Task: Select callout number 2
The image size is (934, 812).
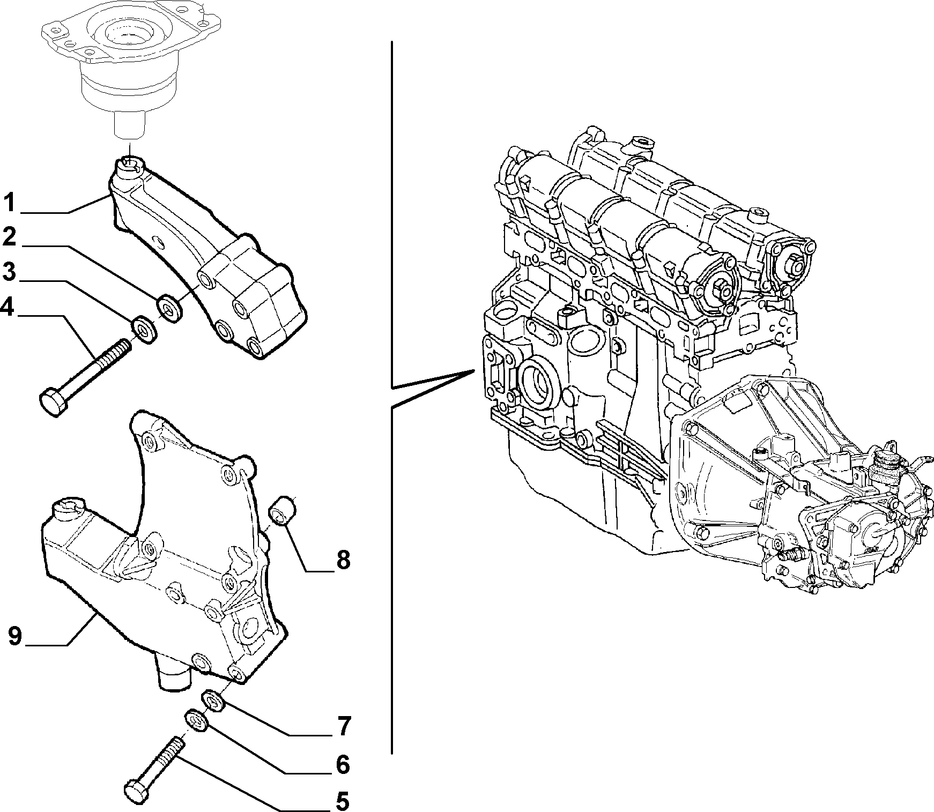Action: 9,237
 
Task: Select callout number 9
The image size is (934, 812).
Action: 16,636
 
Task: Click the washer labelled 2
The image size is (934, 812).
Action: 170,309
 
